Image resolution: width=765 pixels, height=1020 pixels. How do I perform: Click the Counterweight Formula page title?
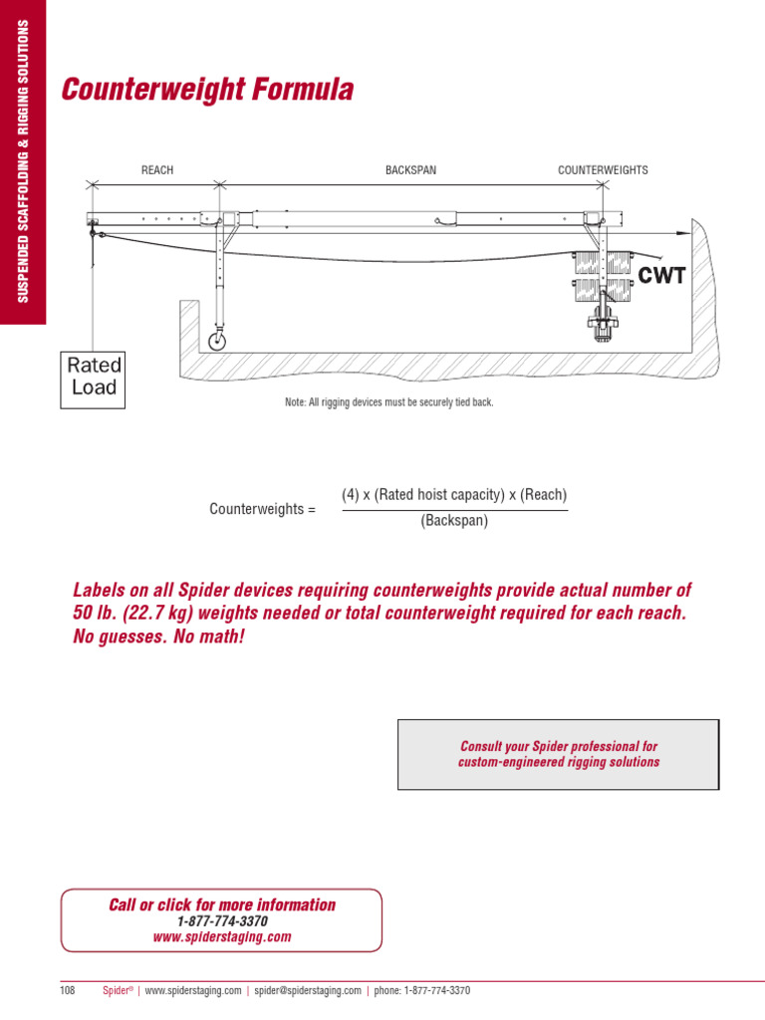[207, 91]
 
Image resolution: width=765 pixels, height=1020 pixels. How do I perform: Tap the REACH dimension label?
[157, 170]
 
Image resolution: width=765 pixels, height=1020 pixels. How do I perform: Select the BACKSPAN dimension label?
[410, 170]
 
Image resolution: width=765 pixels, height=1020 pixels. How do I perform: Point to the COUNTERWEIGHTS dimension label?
[603, 170]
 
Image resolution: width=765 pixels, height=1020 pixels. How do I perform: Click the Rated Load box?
[93, 377]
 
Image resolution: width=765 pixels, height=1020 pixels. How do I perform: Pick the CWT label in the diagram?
[661, 276]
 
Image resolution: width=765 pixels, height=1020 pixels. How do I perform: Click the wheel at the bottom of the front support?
[216, 341]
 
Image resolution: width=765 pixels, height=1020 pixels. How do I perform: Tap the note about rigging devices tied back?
[388, 402]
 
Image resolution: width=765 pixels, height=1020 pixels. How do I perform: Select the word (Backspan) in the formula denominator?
[454, 521]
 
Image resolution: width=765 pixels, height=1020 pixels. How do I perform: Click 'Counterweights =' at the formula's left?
[262, 509]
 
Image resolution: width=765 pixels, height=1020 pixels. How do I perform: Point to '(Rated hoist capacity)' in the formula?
[435, 495]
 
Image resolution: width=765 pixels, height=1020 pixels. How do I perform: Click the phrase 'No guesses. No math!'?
[158, 636]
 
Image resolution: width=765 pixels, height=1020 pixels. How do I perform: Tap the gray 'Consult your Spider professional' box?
[558, 754]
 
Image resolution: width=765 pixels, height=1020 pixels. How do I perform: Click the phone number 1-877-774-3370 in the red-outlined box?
[221, 921]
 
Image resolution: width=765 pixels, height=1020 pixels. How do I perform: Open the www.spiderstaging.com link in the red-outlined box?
[221, 937]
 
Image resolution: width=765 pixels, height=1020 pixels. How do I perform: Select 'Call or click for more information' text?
[221, 904]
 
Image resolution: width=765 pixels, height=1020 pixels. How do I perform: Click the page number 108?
[68, 991]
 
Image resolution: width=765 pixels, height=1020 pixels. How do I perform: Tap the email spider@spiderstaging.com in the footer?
[307, 991]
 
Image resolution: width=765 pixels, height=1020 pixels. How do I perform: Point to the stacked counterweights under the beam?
[603, 276]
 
